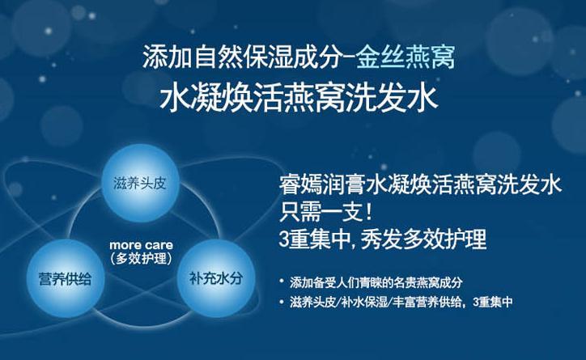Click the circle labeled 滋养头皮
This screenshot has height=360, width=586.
(140, 183)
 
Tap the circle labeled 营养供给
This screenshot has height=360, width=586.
(66, 278)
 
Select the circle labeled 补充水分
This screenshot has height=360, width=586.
(216, 278)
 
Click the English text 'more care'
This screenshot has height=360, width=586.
(142, 245)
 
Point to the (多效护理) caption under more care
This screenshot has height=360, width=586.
(142, 258)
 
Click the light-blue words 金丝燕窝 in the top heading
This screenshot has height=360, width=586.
(406, 57)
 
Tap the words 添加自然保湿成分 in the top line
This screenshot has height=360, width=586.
(243, 57)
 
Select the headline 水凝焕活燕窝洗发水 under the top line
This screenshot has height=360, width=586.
(299, 99)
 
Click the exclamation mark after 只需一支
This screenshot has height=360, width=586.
(368, 212)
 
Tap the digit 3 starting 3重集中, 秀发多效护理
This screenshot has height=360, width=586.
(285, 239)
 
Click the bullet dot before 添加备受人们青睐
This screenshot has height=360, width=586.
(282, 281)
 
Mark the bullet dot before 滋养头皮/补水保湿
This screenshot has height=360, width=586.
(282, 301)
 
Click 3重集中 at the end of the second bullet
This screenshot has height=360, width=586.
(493, 302)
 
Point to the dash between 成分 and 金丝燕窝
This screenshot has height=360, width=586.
(350, 58)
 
